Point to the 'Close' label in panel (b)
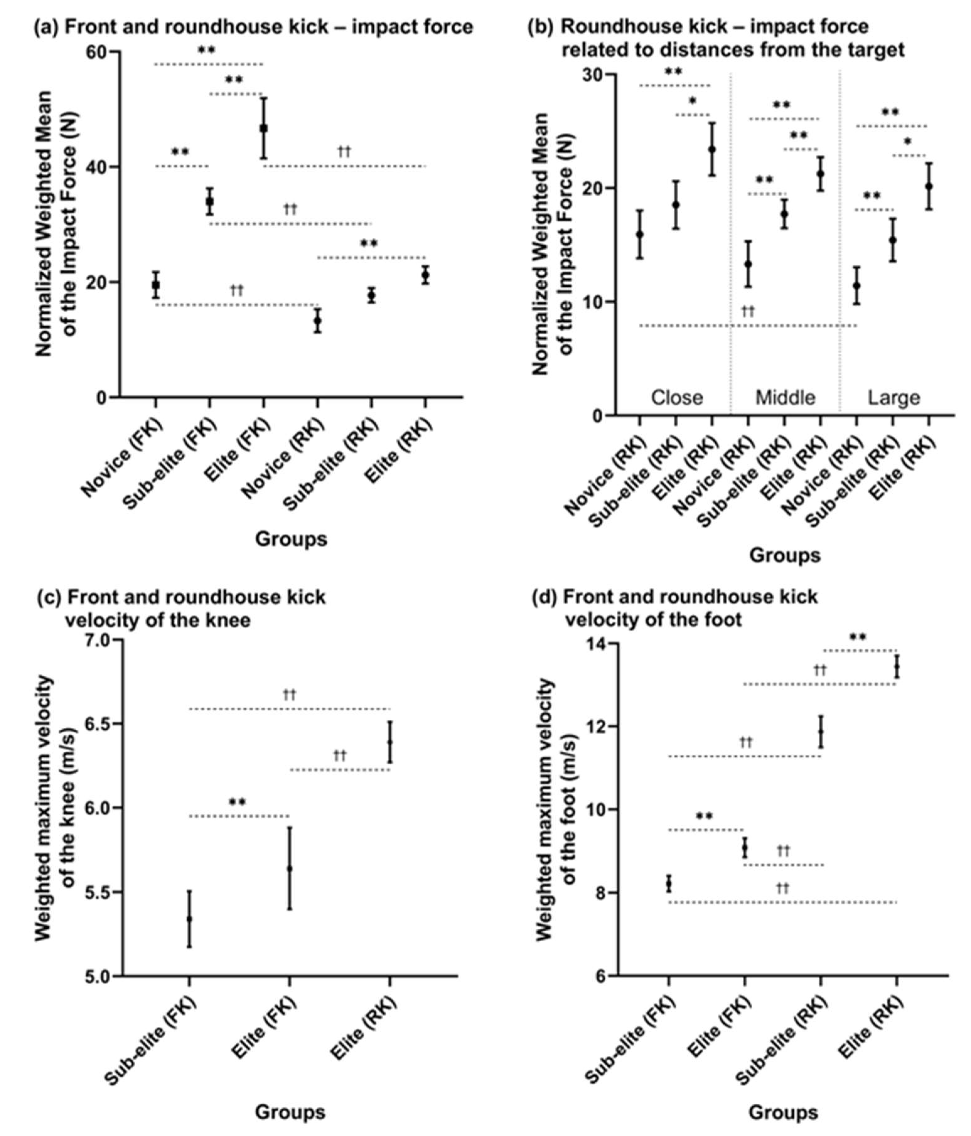point(676,398)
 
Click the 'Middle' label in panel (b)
point(785,398)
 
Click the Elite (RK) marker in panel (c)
point(389,742)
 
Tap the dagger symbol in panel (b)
point(748,311)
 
